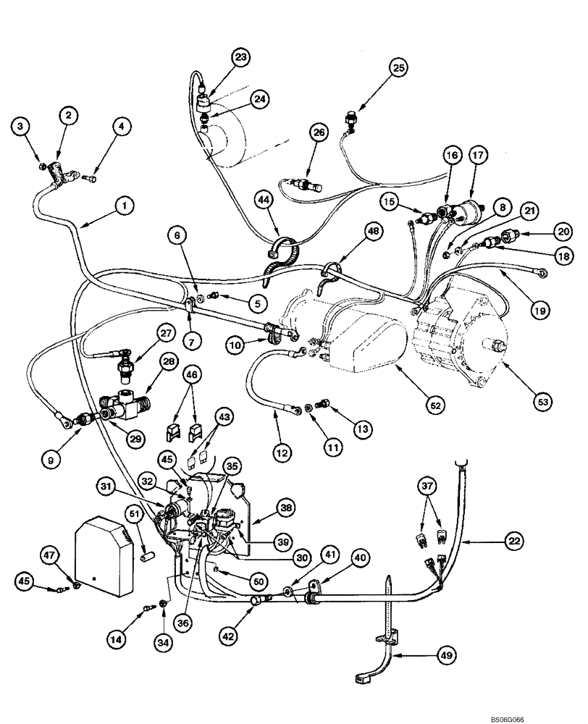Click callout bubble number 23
[x=240, y=56]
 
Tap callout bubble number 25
[x=398, y=69]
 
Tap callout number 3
[x=22, y=127]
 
